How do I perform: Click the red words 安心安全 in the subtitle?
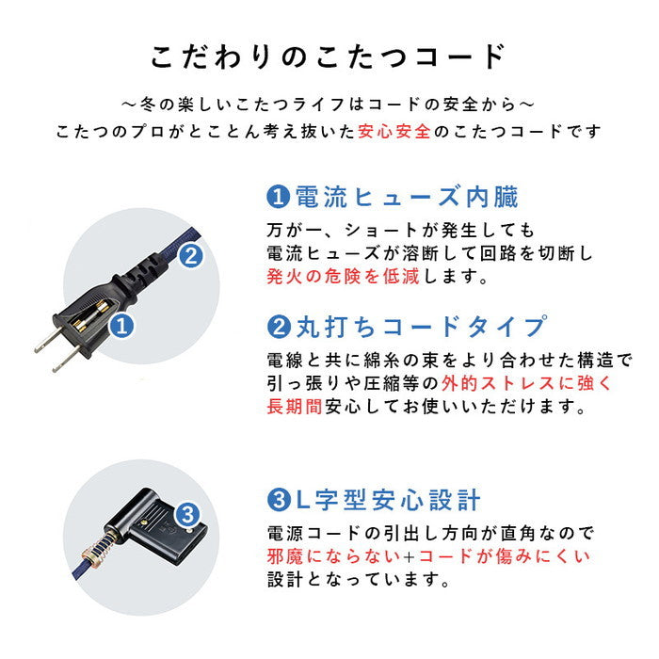tap(394, 132)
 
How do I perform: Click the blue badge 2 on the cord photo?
tap(190, 254)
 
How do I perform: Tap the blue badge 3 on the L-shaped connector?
tap(187, 515)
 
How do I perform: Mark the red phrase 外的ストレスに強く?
tap(506, 384)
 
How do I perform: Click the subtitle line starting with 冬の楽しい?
tap(329, 102)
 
